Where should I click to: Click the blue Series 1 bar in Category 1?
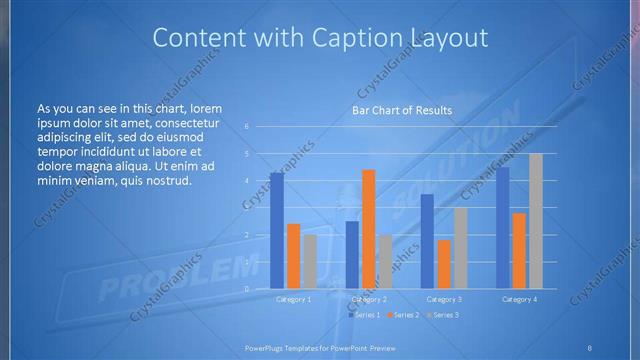pyautogui.click(x=276, y=231)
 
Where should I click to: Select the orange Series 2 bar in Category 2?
pyautogui.click(x=368, y=229)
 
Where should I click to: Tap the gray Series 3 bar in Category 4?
pyautogui.click(x=535, y=221)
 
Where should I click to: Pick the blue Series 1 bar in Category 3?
pyautogui.click(x=427, y=241)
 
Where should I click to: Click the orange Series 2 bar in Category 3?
pyautogui.click(x=443, y=264)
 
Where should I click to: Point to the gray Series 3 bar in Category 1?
pyautogui.click(x=310, y=262)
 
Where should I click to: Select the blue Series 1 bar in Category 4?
pyautogui.click(x=502, y=228)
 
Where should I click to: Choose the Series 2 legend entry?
pyautogui.click(x=404, y=315)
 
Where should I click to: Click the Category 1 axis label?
pyautogui.click(x=293, y=299)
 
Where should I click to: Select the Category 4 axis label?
pyautogui.click(x=519, y=299)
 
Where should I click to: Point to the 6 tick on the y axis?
pyautogui.click(x=247, y=127)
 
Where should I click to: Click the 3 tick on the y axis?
pyautogui.click(x=247, y=208)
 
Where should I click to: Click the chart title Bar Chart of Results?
pyautogui.click(x=403, y=110)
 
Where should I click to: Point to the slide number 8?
pyautogui.click(x=590, y=347)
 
